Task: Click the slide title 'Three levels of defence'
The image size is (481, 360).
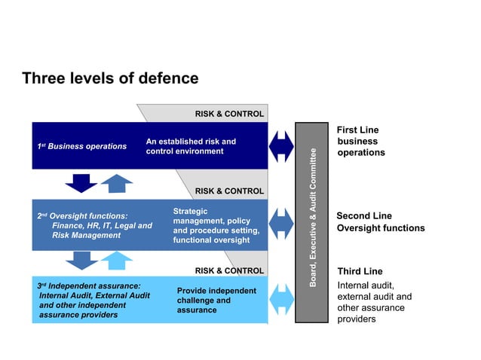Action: click(x=110, y=78)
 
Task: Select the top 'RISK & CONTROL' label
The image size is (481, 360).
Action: click(x=229, y=114)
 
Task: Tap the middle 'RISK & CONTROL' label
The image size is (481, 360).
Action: click(x=229, y=191)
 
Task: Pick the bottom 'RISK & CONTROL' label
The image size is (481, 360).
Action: click(x=229, y=270)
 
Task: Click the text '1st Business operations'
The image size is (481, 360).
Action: click(x=82, y=145)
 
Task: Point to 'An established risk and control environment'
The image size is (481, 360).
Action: click(x=191, y=146)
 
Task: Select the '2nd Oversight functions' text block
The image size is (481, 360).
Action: click(x=95, y=225)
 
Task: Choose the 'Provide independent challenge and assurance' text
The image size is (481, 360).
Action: click(x=216, y=300)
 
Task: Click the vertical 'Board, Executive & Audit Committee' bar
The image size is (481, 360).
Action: click(x=312, y=222)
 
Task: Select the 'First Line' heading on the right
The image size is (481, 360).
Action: click(x=358, y=130)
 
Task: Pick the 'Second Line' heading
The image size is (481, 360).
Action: click(x=363, y=215)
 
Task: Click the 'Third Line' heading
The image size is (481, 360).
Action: click(x=360, y=271)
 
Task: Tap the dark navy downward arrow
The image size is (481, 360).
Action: click(x=81, y=183)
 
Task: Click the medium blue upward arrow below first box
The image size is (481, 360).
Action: click(x=116, y=183)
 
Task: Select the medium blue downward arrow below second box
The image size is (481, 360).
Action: click(x=81, y=261)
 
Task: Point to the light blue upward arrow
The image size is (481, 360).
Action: click(x=116, y=261)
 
